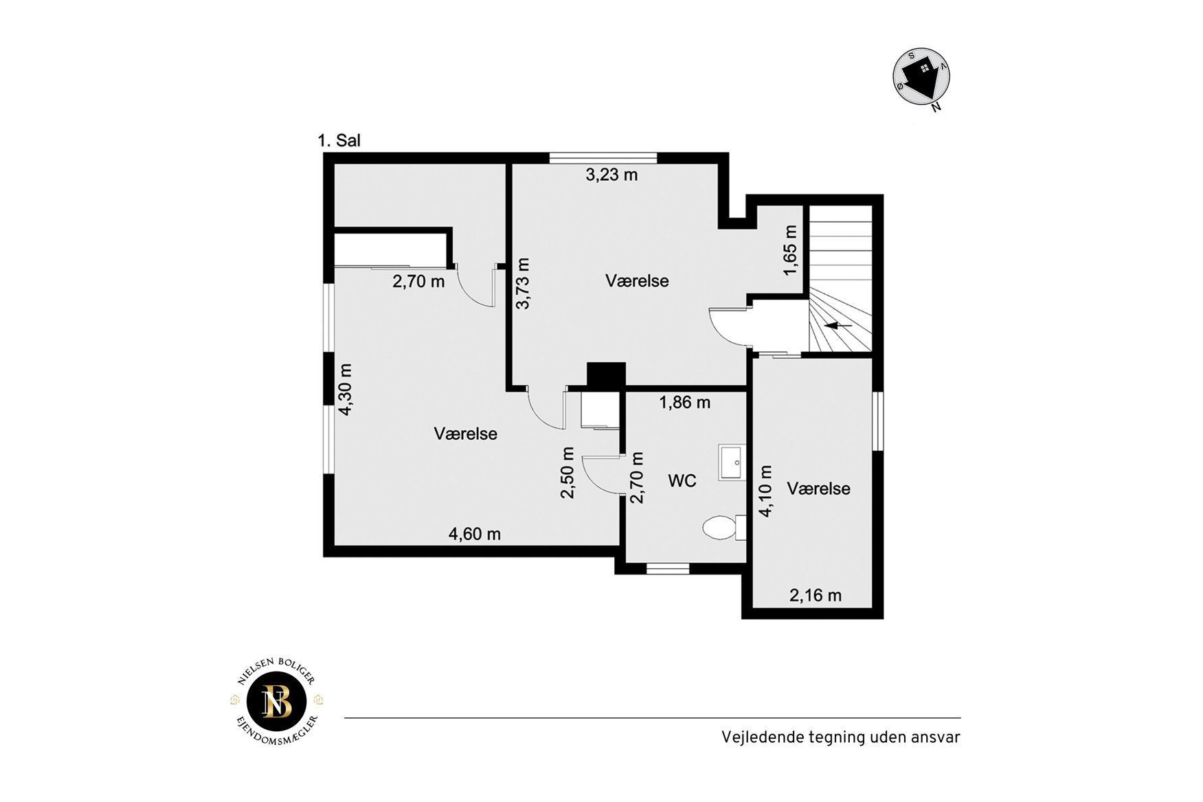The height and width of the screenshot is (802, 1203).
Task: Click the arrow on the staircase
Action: click(x=838, y=325)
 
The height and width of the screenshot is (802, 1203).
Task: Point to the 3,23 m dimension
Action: click(x=611, y=175)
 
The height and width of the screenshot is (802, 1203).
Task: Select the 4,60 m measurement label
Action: click(x=475, y=533)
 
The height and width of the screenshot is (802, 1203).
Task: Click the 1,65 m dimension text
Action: click(x=791, y=250)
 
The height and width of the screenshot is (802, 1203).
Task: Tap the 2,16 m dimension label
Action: click(x=816, y=595)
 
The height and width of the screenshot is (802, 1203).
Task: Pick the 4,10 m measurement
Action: click(x=765, y=491)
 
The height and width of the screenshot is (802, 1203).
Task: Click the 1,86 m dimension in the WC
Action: click(x=685, y=402)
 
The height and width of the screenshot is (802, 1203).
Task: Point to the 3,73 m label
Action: click(x=524, y=283)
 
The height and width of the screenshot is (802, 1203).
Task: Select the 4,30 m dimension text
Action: click(x=346, y=390)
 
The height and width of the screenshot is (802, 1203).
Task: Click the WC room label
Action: click(x=682, y=480)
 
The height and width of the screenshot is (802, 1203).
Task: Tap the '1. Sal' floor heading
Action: click(x=339, y=140)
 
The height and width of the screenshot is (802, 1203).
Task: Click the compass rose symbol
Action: click(x=922, y=77)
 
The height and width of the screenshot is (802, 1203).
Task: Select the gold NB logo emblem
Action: click(x=277, y=701)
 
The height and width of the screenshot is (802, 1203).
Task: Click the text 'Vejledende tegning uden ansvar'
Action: click(x=841, y=737)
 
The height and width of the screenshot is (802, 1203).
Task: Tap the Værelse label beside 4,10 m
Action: click(x=819, y=489)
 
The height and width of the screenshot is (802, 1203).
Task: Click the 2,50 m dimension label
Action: click(x=567, y=473)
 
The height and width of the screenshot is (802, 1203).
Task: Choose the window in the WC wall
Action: click(x=668, y=568)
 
